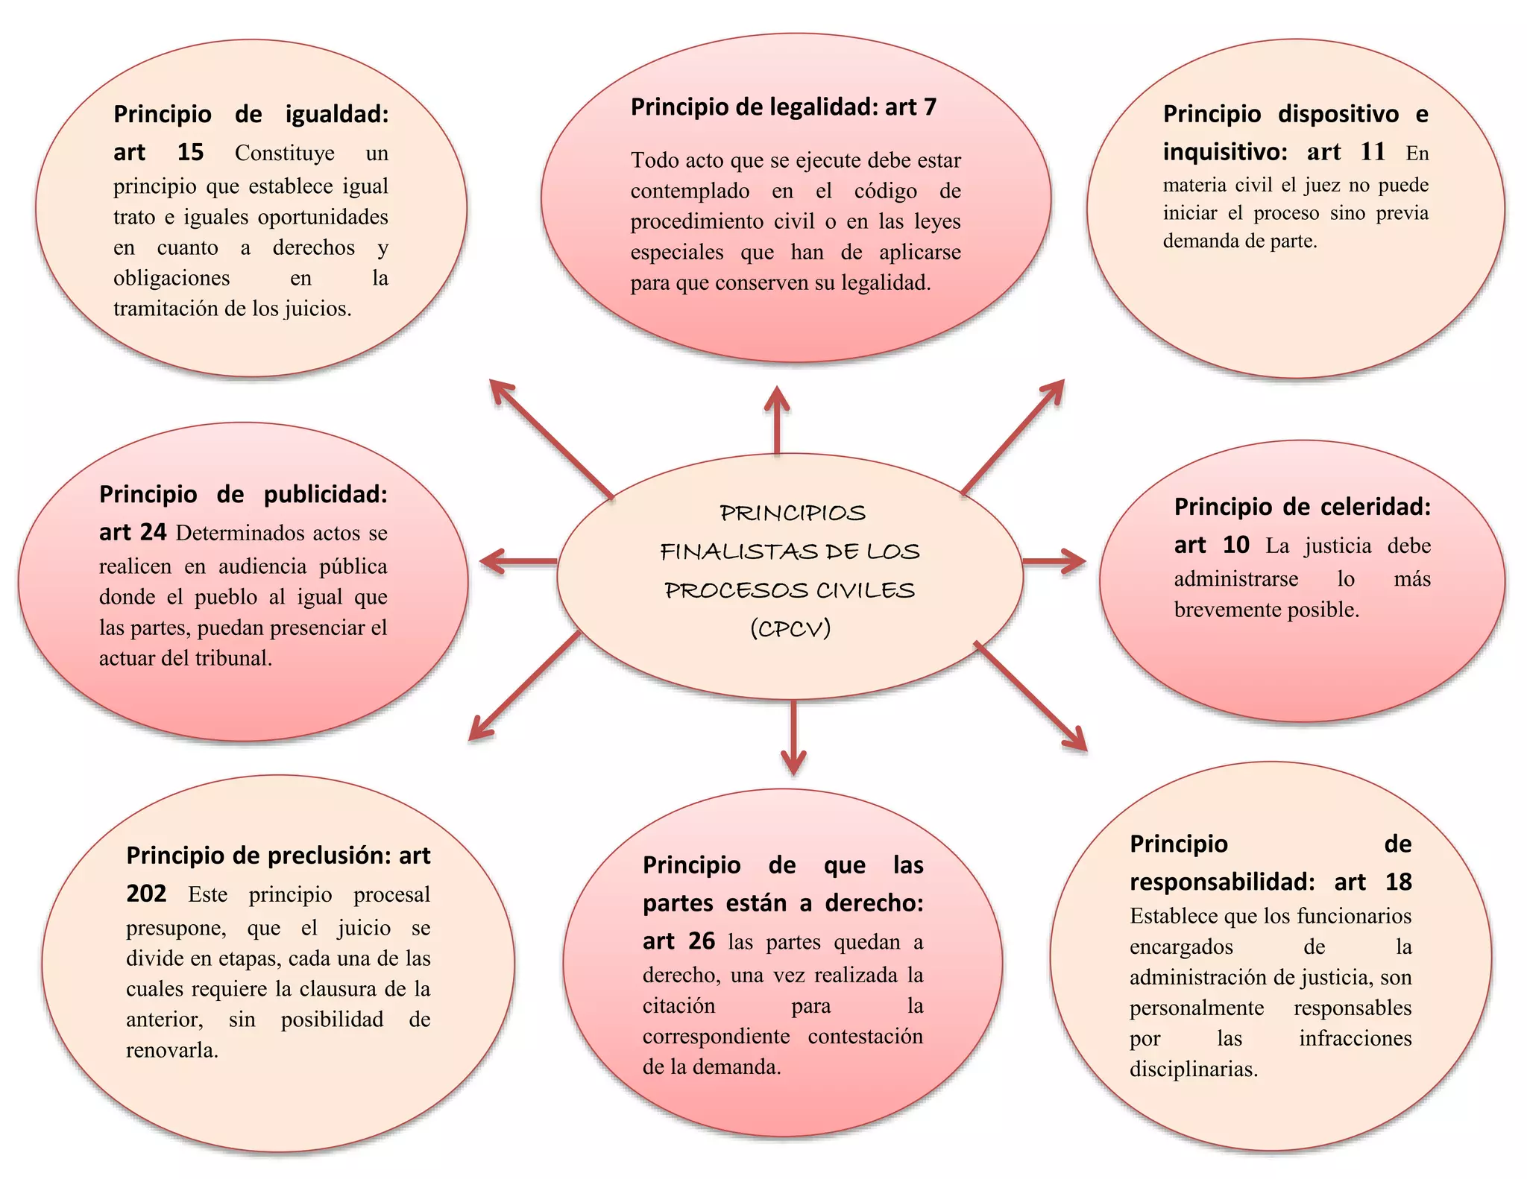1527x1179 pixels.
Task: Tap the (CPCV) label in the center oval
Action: [x=790, y=629]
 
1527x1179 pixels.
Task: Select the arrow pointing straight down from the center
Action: [x=793, y=737]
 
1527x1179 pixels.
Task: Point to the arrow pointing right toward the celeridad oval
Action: [x=1053, y=561]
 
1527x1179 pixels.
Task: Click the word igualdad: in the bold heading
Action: [x=337, y=115]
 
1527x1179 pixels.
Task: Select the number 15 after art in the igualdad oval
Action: [x=190, y=153]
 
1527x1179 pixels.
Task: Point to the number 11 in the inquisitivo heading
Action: [x=1373, y=152]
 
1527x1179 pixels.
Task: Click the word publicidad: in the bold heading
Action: [x=326, y=495]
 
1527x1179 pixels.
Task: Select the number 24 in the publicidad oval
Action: [x=153, y=533]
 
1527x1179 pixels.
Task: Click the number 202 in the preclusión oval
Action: [x=146, y=894]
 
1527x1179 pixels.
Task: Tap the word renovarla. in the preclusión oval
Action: [x=172, y=1050]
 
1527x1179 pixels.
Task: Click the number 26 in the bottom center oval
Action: [x=702, y=941]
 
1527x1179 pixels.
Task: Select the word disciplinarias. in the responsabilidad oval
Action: [x=1194, y=1069]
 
